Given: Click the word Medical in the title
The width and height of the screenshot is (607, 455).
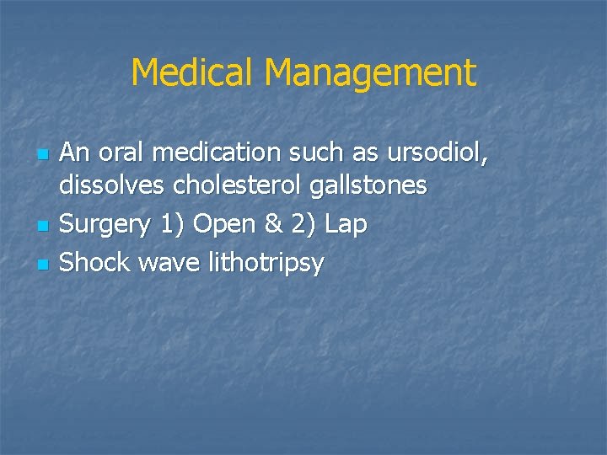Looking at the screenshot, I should point(193,73).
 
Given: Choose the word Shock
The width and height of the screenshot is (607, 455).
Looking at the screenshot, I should point(95,263).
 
